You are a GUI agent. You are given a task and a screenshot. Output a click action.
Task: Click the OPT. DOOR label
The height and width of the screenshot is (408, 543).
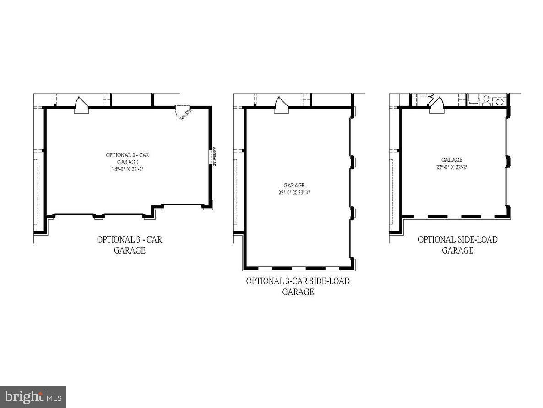pos(185,114)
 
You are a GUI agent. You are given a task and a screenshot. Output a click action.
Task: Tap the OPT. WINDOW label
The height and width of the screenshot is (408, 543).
pos(214,156)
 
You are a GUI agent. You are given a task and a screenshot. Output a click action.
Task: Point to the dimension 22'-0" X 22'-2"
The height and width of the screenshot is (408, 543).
pos(452,167)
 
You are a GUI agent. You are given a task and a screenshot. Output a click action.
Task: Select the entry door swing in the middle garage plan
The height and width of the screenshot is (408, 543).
pos(281,103)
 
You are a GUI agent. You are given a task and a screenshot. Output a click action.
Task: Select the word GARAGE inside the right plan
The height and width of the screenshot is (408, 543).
pos(452,160)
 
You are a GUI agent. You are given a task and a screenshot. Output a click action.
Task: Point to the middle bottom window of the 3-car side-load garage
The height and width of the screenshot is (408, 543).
pos(299,268)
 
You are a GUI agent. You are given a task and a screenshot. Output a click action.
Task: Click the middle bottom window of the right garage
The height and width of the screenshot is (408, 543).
pos(454,216)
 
